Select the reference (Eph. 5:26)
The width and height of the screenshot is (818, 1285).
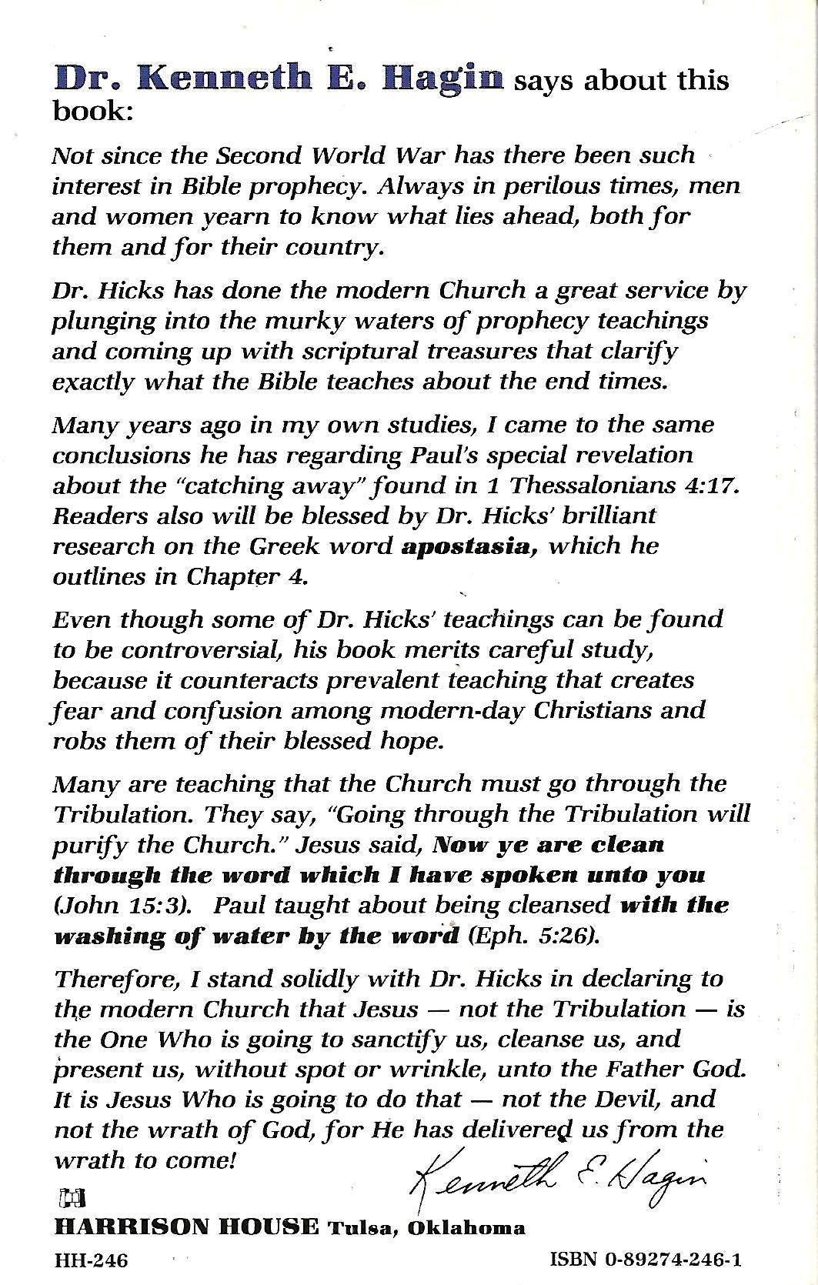(x=532, y=936)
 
